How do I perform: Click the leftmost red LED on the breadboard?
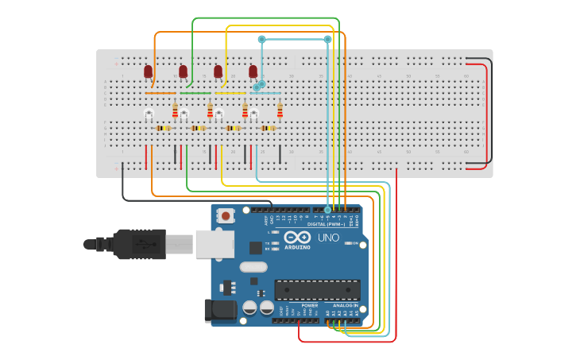(148, 72)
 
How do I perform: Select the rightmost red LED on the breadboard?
(253, 72)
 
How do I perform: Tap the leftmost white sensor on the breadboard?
(149, 115)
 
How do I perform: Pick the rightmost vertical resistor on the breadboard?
(280, 110)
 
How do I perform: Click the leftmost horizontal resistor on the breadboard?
(163, 128)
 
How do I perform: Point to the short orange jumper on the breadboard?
(160, 93)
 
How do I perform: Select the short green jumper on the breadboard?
(195, 93)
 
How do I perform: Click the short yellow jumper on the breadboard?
(230, 93)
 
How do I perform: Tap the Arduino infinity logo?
(297, 237)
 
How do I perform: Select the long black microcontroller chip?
(316, 289)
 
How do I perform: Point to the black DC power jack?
(220, 310)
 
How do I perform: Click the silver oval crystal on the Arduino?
(252, 267)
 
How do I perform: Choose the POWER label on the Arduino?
(310, 304)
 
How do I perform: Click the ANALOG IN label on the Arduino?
(346, 304)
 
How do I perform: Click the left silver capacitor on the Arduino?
(249, 307)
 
